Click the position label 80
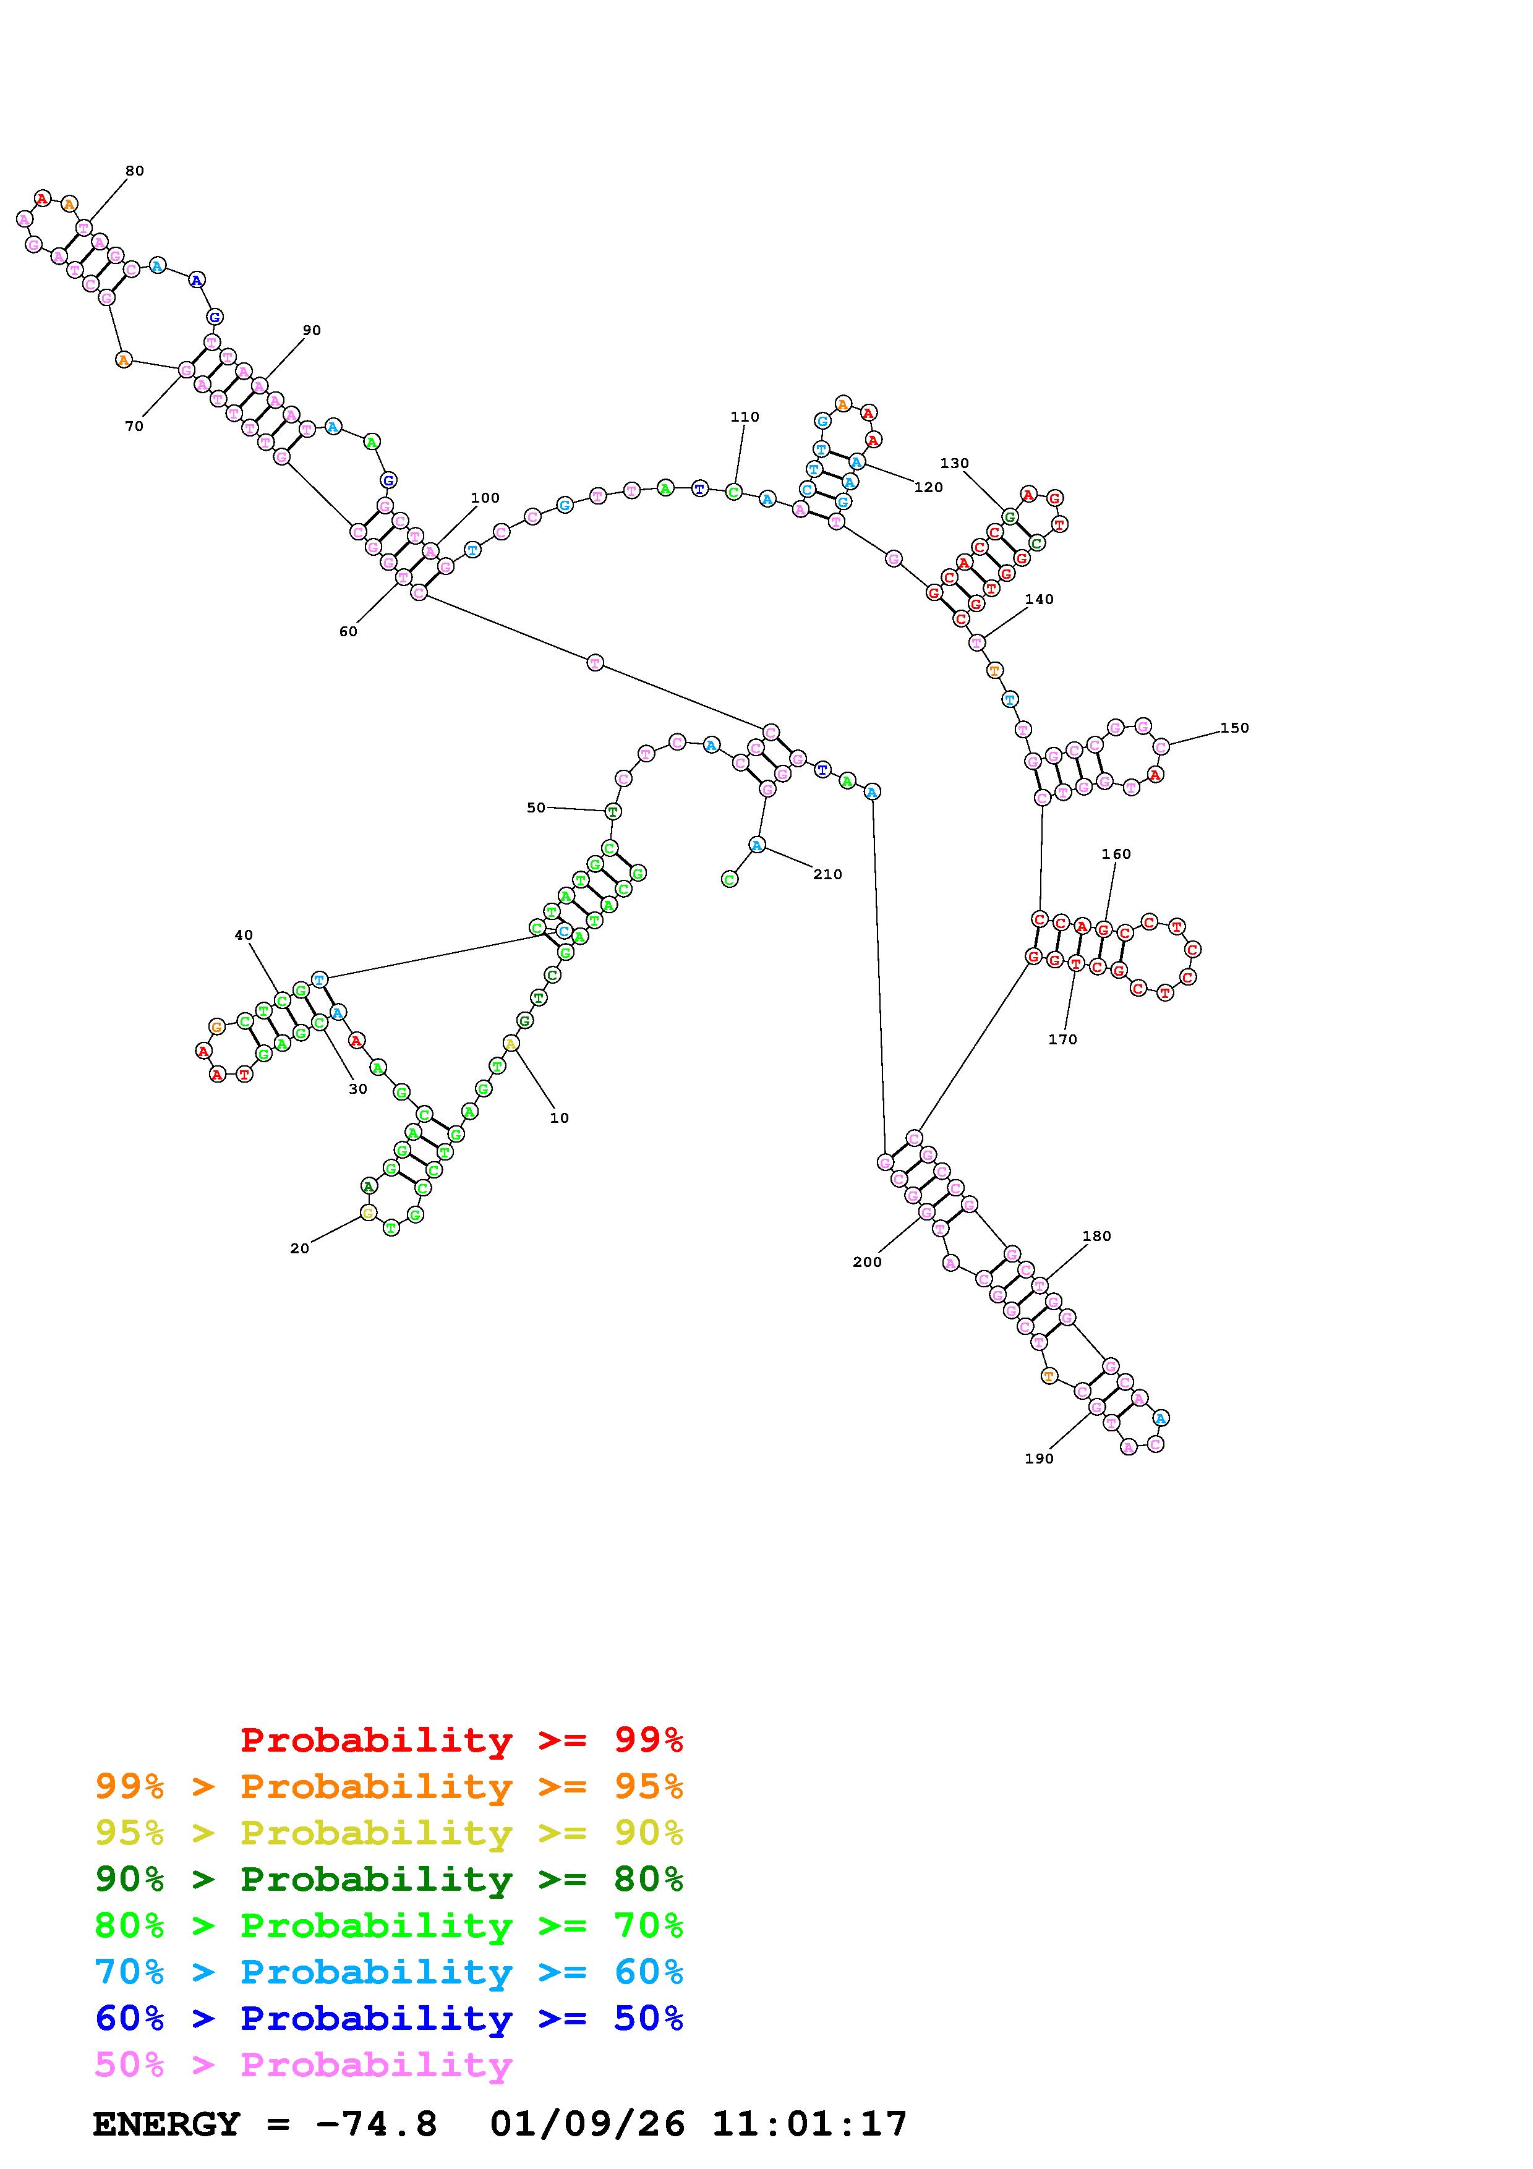(134, 171)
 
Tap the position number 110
(745, 417)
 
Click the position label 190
(1039, 1459)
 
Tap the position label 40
(244, 935)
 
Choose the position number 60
(349, 631)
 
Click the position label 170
(1062, 1039)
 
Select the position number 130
(954, 463)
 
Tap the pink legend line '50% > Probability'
(303, 2065)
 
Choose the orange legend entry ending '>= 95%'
(389, 1786)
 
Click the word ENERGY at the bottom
(166, 2124)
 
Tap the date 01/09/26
(587, 2124)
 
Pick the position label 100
(485, 498)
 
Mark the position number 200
(866, 1262)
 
